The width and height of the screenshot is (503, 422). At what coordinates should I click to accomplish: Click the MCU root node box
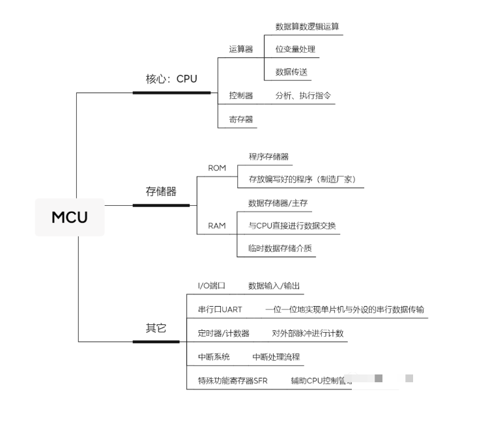point(69,217)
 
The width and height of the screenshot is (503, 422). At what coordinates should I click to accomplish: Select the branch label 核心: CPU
point(171,79)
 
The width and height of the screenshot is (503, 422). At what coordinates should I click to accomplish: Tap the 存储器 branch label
point(161,191)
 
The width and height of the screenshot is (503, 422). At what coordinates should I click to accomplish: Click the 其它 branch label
point(156,328)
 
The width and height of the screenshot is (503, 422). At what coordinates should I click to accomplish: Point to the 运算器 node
point(240,49)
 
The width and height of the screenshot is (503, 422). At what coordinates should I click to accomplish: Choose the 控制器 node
point(240,95)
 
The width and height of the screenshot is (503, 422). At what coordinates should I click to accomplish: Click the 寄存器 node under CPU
point(240,119)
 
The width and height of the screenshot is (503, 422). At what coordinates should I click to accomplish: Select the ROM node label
point(217,168)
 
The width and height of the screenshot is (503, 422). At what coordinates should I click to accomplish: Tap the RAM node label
point(217,226)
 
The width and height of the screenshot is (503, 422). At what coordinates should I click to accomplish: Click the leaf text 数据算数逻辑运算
point(308,27)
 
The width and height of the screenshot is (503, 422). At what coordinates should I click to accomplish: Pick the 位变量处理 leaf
point(295,49)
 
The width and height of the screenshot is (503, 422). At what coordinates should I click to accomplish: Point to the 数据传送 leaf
point(291,72)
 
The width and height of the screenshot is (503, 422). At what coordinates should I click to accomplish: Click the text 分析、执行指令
point(303,95)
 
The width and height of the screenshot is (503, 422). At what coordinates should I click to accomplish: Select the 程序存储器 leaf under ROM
point(268,156)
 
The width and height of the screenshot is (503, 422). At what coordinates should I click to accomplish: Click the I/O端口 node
point(211,286)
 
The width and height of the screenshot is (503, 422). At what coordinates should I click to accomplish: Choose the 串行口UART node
point(220,309)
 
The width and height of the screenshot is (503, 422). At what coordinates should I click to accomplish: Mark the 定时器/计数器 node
point(223,333)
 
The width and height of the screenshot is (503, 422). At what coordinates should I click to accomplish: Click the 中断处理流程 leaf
point(276,357)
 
